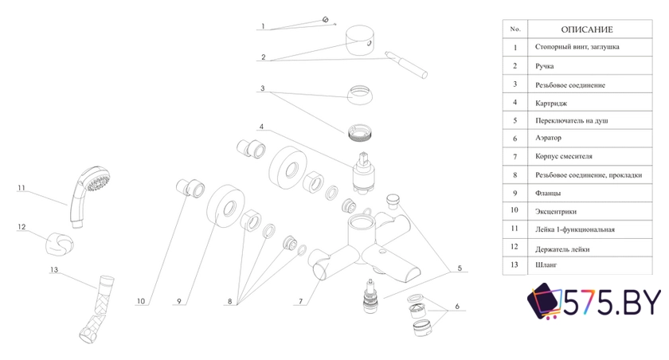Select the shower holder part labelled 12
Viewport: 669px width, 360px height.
(x=59, y=245)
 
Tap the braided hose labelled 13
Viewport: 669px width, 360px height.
(x=96, y=309)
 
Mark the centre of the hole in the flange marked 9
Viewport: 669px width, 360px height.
(x=229, y=207)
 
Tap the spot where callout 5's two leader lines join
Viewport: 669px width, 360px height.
(x=451, y=272)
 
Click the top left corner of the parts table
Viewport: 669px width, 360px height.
(x=503, y=20)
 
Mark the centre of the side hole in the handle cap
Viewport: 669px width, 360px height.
(x=370, y=43)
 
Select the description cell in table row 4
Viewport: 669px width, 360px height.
(x=590, y=103)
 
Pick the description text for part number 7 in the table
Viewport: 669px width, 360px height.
(x=564, y=156)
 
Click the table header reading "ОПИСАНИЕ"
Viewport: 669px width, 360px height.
(x=587, y=29)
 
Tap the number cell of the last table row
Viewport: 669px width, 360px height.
(x=515, y=265)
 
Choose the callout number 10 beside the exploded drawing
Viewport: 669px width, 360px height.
(x=141, y=301)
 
